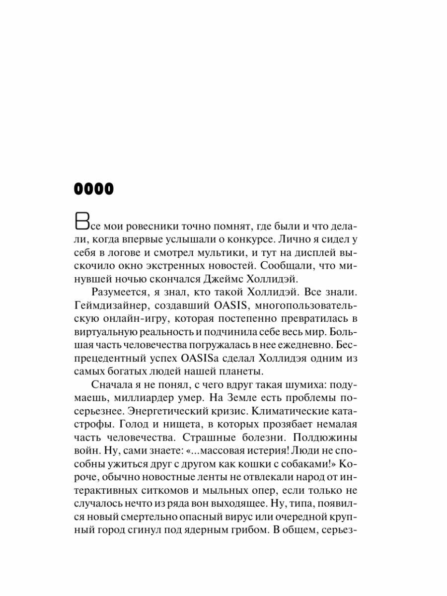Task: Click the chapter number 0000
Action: tap(94, 189)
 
